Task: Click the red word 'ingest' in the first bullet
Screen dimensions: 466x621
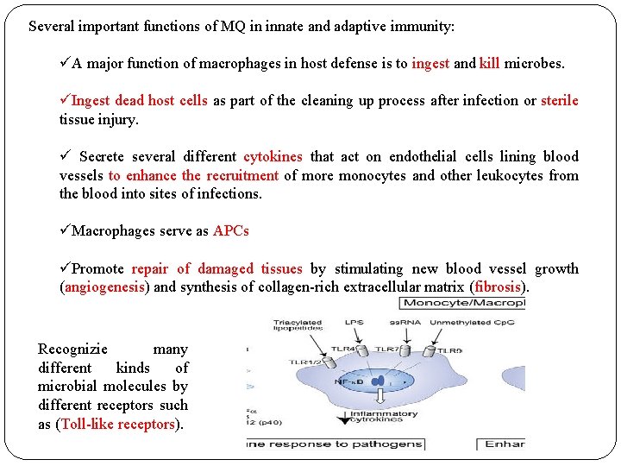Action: coord(430,63)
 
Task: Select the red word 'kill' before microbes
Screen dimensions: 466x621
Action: coord(489,63)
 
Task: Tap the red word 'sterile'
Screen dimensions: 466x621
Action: coord(559,100)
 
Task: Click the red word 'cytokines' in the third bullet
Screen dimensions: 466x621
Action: coord(273,156)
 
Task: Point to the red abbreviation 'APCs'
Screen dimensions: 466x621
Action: coord(230,230)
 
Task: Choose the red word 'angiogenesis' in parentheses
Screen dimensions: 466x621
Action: coord(104,287)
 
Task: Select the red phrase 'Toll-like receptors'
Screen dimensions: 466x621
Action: coord(118,424)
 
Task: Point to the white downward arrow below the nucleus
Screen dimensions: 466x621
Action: coord(380,398)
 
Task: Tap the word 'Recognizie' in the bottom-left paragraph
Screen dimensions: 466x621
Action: coord(73,349)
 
